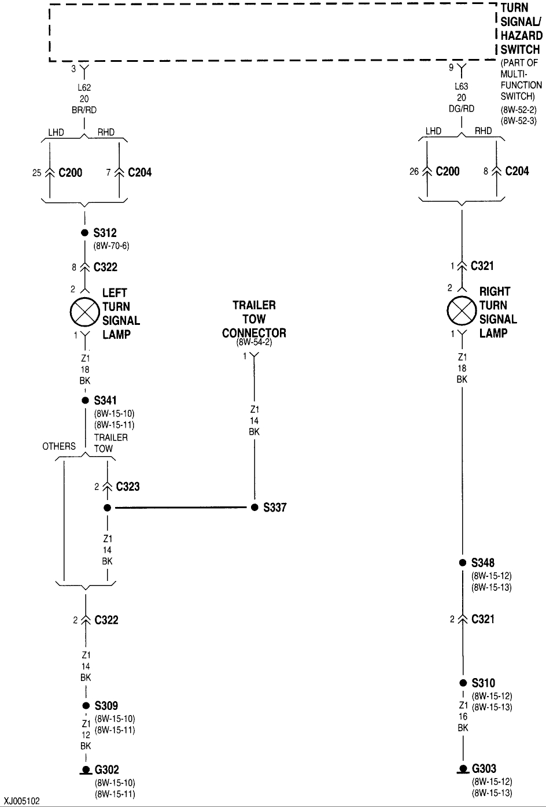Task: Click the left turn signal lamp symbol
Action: tap(86, 313)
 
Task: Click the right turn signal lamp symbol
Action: tap(462, 312)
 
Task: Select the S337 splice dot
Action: tap(254, 508)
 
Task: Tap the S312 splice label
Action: tap(105, 233)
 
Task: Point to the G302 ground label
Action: tap(106, 769)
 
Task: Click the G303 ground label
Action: tap(484, 769)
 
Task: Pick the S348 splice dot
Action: tap(462, 562)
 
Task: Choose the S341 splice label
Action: tap(105, 400)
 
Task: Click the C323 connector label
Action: tap(127, 487)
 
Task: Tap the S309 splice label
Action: tap(106, 705)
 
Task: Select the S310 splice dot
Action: tap(462, 683)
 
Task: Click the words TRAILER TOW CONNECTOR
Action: tap(254, 319)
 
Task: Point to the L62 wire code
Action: tap(84, 88)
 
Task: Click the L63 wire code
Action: tap(462, 87)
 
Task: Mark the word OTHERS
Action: tap(58, 446)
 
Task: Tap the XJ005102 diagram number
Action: tap(20, 801)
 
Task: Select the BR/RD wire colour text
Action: tap(84, 110)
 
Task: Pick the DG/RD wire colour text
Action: tap(462, 109)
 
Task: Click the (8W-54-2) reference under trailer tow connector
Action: tap(254, 342)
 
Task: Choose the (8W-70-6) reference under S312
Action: tap(111, 246)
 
